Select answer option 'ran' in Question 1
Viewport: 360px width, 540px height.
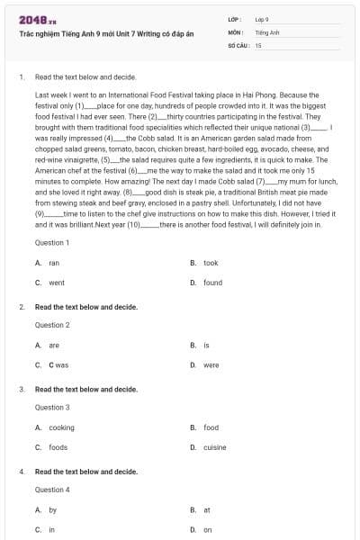point(54,263)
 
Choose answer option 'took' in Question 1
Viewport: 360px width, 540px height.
point(211,263)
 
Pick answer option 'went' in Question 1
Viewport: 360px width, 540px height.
point(57,283)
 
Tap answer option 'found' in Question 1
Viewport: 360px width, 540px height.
point(212,283)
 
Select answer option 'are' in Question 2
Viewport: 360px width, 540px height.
point(54,345)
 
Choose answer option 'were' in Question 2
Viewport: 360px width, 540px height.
point(211,364)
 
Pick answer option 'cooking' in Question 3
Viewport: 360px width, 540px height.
point(61,427)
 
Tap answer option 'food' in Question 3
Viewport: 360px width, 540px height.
point(211,427)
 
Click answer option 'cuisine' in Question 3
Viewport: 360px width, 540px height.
point(215,447)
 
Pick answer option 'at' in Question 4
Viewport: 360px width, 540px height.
point(207,509)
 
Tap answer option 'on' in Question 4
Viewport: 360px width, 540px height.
point(208,529)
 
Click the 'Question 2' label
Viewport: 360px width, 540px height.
point(52,325)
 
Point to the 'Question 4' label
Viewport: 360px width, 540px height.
point(52,490)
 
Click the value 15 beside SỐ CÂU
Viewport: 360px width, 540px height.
point(258,44)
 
